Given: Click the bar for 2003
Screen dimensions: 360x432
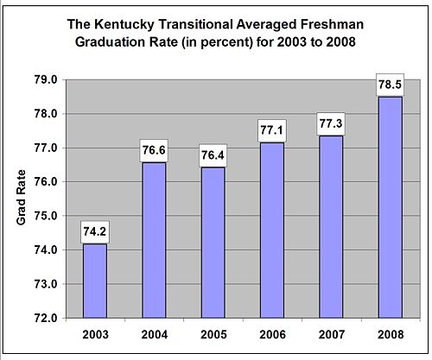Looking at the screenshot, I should pos(95,281).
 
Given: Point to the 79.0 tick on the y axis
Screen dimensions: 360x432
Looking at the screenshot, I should pos(46,80).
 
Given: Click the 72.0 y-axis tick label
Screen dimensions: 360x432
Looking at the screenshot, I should pos(46,318).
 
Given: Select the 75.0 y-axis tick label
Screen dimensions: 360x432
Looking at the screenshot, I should pos(46,216).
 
